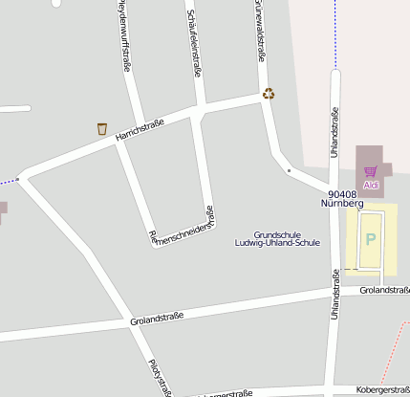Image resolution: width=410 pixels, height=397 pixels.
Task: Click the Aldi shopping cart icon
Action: tap(370, 171)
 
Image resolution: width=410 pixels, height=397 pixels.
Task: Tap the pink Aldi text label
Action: tap(370, 184)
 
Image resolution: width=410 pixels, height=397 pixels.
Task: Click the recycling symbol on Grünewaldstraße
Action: tap(269, 94)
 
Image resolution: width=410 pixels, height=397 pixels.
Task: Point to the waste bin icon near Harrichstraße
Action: tap(101, 128)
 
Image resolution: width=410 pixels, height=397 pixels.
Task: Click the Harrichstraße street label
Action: tap(140, 130)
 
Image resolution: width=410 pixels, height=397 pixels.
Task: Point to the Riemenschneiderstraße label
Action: tap(182, 229)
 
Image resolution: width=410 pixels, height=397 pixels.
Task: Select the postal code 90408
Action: tap(341, 193)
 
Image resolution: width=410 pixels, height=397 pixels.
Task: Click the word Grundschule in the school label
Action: tap(277, 234)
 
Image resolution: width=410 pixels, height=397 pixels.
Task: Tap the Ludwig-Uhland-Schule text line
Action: tap(277, 243)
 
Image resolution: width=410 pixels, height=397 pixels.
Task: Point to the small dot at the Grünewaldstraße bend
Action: tap(289, 171)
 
